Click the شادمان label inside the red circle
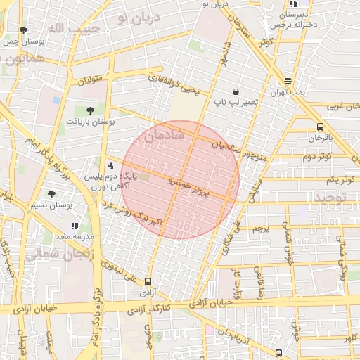(163, 135)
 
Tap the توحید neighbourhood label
(340, 199)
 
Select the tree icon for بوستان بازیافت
(90, 110)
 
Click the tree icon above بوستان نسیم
(51, 194)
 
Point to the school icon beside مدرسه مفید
(75, 226)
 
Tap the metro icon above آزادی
(148, 280)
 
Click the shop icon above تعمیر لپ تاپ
(235, 91)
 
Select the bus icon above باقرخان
(321, 127)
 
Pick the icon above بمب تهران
(288, 81)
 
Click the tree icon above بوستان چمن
(24, 30)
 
